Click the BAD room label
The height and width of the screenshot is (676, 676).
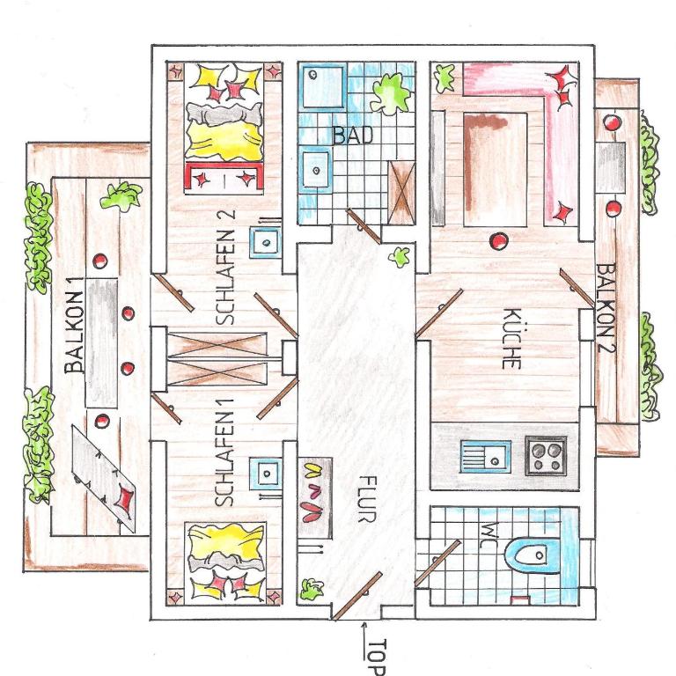point(353,136)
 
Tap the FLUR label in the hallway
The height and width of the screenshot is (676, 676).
point(368,499)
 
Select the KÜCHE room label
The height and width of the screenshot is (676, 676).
point(512,339)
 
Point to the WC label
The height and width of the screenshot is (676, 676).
point(489,535)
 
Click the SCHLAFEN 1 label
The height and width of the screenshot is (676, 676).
point(224,452)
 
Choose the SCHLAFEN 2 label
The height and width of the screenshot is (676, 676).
point(225,267)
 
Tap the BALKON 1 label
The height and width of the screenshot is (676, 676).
point(74,332)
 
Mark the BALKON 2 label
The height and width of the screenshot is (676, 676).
point(606,308)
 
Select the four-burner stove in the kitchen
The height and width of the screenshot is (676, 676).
point(546,456)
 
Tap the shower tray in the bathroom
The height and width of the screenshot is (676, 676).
point(323,86)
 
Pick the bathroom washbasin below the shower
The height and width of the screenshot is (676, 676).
point(316,169)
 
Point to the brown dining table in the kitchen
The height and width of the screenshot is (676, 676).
point(496,169)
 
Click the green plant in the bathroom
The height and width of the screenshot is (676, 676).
point(390,94)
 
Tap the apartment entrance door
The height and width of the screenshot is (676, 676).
point(356,596)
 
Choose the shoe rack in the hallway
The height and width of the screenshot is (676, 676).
point(315,497)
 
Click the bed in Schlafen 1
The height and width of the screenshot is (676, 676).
point(224,562)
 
